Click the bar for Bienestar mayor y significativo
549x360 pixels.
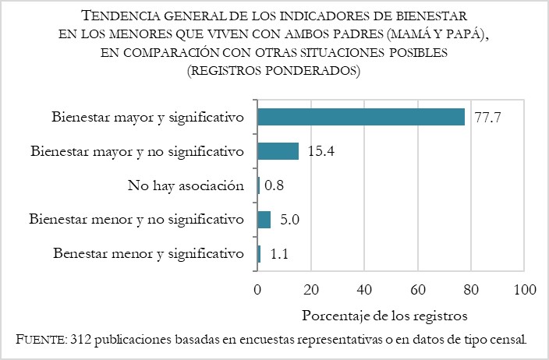pos(361,117)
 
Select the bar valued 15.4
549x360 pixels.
pos(278,151)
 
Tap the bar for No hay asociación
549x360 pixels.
pos(258,185)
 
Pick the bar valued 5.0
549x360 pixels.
pos(264,220)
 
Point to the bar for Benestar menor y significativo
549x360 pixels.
pos(259,254)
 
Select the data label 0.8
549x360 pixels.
pos(275,185)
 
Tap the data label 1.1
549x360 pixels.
pos(277,254)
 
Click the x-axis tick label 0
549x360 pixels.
pos(257,289)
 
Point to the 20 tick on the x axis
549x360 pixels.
pos(310,289)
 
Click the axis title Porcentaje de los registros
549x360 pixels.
pos(384,316)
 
